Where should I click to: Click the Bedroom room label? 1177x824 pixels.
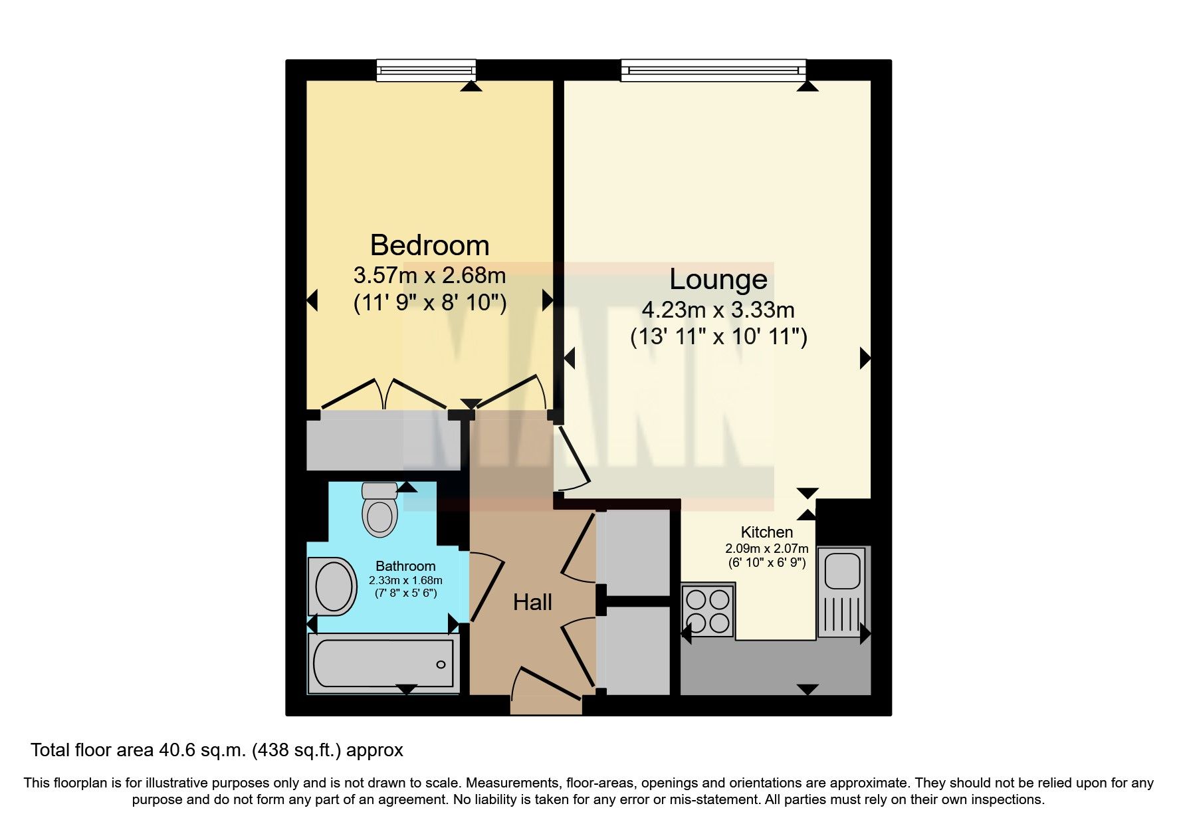429,245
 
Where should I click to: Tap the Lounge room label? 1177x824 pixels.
718,278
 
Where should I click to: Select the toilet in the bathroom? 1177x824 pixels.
379,510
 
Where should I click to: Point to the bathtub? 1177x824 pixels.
383,663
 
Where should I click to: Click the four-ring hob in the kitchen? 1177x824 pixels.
708,611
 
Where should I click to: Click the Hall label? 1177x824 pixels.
532,603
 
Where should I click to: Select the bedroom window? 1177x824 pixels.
426,70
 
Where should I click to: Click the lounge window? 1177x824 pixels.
713,70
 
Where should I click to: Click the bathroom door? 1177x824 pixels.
486,588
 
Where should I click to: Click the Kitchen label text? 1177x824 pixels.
767,532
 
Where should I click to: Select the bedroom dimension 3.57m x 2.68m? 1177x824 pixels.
429,274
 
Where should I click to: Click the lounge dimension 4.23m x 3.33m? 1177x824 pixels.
718,310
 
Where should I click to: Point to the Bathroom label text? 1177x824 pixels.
405,566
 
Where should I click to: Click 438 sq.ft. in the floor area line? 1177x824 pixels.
299,750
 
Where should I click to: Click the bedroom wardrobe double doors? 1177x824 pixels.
384,394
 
